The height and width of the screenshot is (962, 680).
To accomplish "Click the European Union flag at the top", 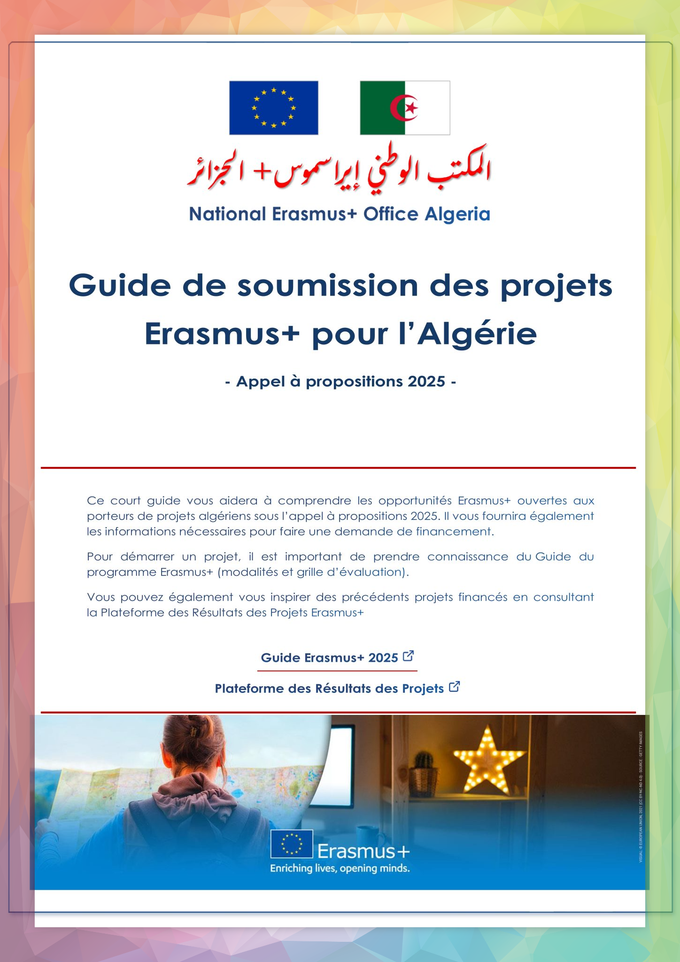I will pyautogui.click(x=273, y=108).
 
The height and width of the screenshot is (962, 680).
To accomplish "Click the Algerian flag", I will pyautogui.click(x=405, y=108).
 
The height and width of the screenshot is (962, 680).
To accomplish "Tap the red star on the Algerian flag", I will pyautogui.click(x=412, y=108).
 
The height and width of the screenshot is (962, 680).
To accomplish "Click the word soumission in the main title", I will pyautogui.click(x=327, y=285).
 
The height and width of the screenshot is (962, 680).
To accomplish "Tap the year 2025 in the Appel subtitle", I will pyautogui.click(x=426, y=381).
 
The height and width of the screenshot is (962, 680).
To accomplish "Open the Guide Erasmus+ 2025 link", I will pyautogui.click(x=329, y=658).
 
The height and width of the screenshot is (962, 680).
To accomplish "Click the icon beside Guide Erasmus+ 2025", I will pyautogui.click(x=409, y=656).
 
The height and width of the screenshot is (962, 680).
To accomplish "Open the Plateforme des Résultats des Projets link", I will pyautogui.click(x=329, y=689).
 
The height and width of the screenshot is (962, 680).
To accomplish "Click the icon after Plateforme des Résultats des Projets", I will pyautogui.click(x=454, y=687).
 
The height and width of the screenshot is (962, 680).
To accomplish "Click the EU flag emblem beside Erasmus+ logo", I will pyautogui.click(x=291, y=844).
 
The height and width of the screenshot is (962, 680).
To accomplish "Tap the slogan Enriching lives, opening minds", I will pyautogui.click(x=340, y=869).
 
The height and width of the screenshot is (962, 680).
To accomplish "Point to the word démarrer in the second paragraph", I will pyautogui.click(x=147, y=557).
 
